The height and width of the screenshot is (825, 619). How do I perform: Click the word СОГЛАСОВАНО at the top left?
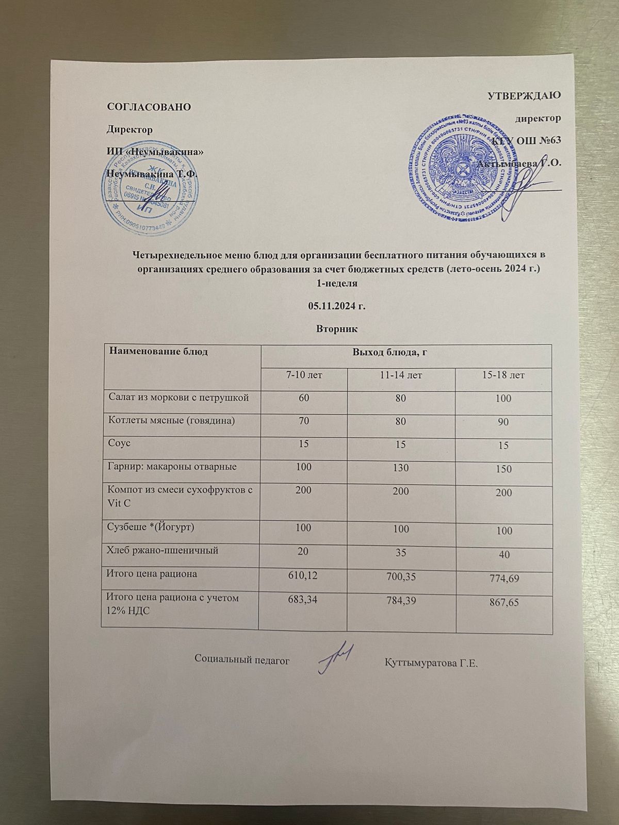click(x=148, y=107)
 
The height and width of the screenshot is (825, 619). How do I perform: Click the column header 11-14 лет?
click(x=401, y=375)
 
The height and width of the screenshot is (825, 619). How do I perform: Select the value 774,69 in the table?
click(x=504, y=579)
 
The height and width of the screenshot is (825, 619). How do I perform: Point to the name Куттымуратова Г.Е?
click(x=432, y=662)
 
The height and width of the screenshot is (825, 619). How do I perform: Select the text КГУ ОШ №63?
click(x=526, y=141)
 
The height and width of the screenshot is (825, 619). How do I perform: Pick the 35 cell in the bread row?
click(x=400, y=552)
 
